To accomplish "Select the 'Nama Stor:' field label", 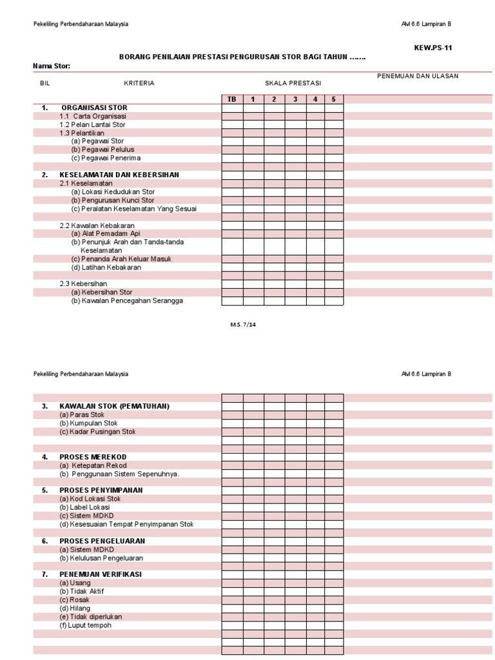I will tap(52, 66).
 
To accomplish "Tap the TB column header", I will tap(232, 99).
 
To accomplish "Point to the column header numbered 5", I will tap(334, 99).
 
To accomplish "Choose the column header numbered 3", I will tap(295, 99).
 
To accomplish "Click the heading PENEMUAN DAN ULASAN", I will tap(418, 76).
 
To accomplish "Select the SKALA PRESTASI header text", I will tap(293, 83).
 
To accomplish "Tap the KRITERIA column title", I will tap(139, 83).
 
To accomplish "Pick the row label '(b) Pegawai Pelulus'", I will tap(102, 150).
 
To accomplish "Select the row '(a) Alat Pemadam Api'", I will tap(106, 233).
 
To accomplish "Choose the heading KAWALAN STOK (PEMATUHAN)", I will tap(114, 406).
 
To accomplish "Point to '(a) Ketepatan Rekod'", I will tap(93, 465).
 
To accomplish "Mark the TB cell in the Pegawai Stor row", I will tap(232, 141).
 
